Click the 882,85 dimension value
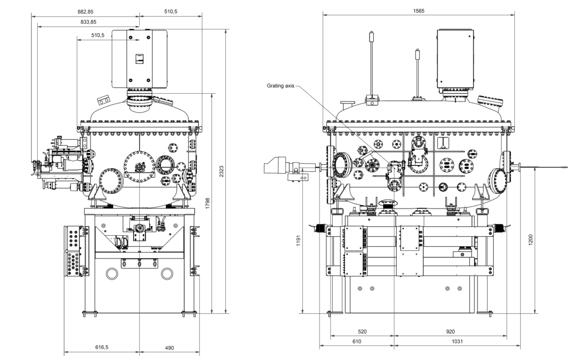85,12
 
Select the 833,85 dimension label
88,22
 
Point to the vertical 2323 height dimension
222,171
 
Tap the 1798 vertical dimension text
207,203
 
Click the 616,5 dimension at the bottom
102,347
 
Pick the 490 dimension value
169,348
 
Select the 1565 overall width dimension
418,11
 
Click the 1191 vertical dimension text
298,241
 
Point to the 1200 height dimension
531,240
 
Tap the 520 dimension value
362,331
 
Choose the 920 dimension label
450,331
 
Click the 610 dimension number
357,341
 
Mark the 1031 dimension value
457,341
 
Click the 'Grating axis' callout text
280,86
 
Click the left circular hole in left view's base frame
112,273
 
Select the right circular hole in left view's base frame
166,273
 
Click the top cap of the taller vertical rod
371,36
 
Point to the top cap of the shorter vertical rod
418,54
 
